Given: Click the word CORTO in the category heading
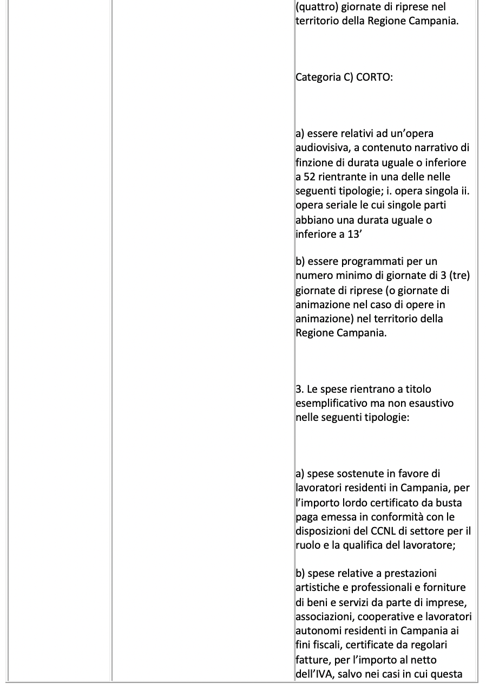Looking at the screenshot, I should (374, 77).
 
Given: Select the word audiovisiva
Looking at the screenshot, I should (321, 148).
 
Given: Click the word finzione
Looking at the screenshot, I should (313, 162).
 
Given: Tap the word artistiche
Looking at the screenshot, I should (319, 587).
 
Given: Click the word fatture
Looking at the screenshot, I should (311, 660).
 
